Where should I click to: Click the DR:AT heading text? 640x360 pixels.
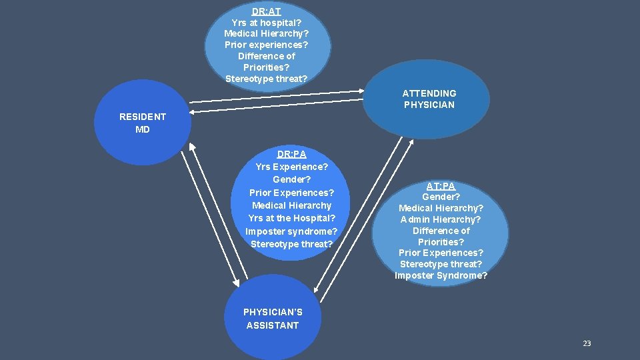pos(266,11)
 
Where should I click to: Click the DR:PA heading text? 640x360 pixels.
pos(291,154)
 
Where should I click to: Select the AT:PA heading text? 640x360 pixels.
pos(441,186)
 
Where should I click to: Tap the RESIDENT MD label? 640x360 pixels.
pos(143,123)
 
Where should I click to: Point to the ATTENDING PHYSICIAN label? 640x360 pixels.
pos(429,99)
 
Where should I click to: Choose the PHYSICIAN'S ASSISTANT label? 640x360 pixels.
pos(273,319)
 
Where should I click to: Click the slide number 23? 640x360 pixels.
pos(587,343)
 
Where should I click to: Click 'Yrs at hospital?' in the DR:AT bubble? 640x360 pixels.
pos(266,23)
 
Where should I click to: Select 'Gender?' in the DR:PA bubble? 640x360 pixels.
pos(291,179)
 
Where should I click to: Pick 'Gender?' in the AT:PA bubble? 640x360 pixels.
pos(441,197)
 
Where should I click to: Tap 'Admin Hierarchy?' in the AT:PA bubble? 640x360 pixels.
pos(441,219)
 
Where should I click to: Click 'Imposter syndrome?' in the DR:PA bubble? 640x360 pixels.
pos(291,231)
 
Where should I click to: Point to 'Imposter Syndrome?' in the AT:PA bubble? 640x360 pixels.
pos(441,275)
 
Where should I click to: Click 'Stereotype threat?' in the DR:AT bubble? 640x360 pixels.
pos(266,79)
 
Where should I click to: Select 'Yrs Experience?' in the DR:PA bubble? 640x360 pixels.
pos(291,167)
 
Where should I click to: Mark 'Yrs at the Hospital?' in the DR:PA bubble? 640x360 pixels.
pos(291,218)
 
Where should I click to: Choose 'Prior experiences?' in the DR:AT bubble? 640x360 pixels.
pos(266,45)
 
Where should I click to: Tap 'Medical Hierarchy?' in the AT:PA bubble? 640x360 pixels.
pos(441,208)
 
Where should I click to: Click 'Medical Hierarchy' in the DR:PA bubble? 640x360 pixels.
pos(291,205)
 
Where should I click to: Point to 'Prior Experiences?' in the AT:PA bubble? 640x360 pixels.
pos(441,253)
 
